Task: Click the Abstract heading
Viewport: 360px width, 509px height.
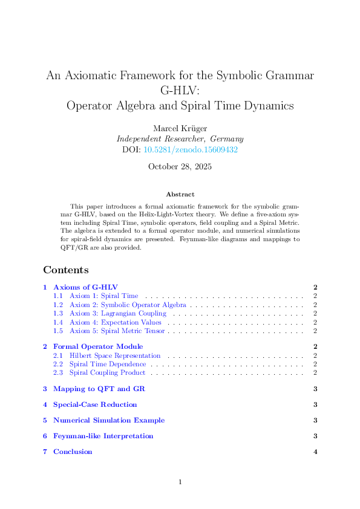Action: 180,194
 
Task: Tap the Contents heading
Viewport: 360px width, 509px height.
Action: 66,270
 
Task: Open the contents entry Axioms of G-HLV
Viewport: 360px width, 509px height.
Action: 85,287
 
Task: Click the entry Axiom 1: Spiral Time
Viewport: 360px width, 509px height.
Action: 103,296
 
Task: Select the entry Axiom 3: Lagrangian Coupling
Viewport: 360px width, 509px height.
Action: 117,314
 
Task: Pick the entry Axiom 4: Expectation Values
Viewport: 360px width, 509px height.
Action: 115,322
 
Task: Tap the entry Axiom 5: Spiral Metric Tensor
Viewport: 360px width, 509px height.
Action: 117,331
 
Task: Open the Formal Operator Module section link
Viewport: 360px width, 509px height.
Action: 98,346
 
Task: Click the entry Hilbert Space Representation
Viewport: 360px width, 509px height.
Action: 115,355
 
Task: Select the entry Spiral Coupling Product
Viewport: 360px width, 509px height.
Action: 107,373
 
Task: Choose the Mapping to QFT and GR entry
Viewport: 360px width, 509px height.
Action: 99,389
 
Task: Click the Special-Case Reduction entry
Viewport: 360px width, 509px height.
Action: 95,404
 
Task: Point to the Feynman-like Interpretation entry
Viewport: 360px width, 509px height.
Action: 103,436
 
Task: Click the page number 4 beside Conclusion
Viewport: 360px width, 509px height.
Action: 315,452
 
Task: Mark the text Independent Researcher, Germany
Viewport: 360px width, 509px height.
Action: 180,138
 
